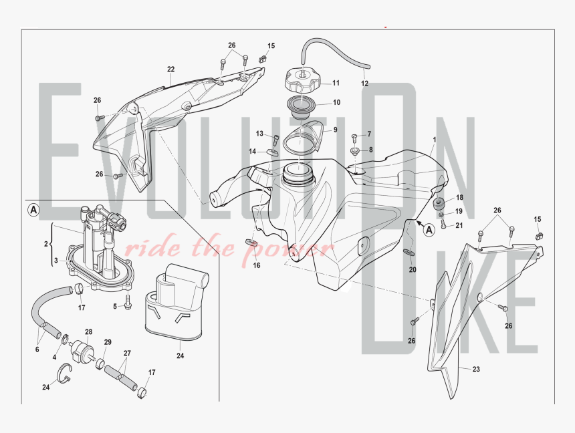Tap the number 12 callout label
click(x=364, y=84)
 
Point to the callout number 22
click(x=171, y=69)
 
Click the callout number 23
click(x=476, y=369)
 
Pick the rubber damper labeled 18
click(x=441, y=202)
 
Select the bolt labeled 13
click(x=276, y=140)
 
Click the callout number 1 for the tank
click(x=434, y=140)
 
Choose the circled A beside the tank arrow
click(x=429, y=229)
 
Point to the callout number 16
click(x=256, y=266)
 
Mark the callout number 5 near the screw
click(x=115, y=307)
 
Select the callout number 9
click(x=335, y=130)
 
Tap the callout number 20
click(x=412, y=270)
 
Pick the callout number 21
click(x=459, y=225)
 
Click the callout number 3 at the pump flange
click(x=57, y=260)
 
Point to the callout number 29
click(x=107, y=342)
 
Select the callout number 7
click(x=369, y=134)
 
